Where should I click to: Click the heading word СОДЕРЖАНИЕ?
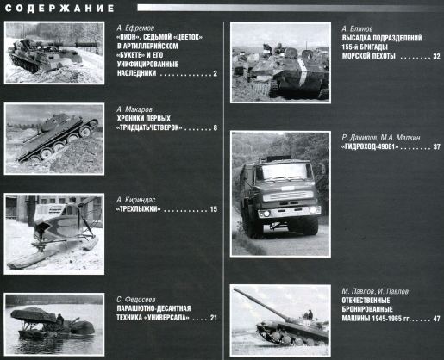59,8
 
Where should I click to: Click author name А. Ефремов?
135,28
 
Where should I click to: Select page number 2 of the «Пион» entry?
215,73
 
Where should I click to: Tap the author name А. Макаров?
134,109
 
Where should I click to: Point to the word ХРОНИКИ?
129,118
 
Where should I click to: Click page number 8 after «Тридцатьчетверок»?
215,127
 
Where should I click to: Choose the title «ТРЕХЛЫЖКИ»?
138,209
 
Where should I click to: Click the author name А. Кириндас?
136,200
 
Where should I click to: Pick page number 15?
214,209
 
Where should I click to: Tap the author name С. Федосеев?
136,300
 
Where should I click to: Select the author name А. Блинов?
357,29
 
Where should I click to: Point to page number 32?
436,56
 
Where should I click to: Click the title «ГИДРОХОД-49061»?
370,147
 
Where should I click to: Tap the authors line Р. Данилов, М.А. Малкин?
381,138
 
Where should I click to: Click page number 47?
436,319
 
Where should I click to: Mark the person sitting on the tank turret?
310,315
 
